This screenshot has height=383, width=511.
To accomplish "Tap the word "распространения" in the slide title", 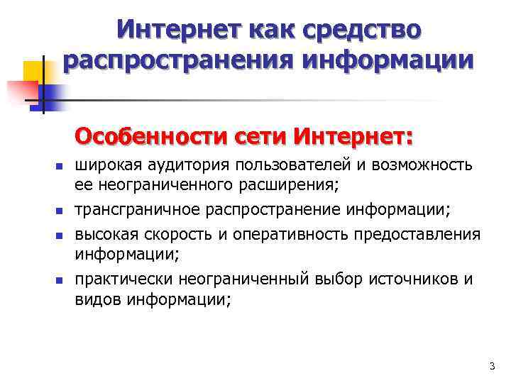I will click(x=180, y=61).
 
